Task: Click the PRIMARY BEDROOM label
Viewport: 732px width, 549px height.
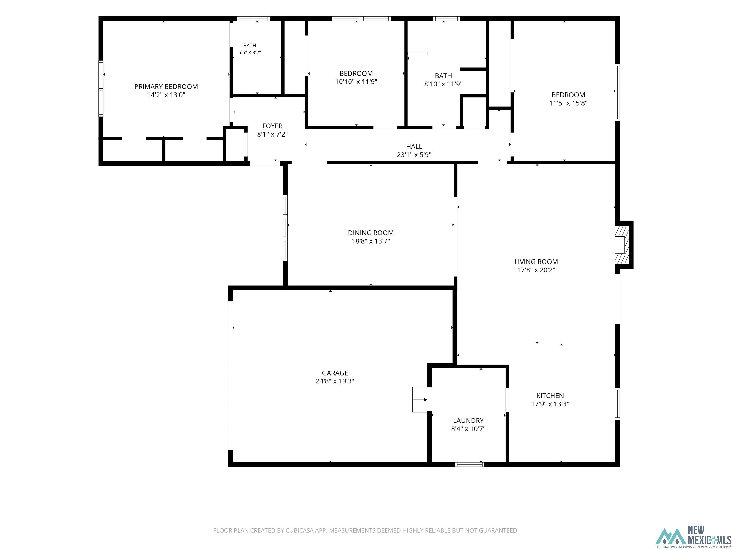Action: tap(166, 87)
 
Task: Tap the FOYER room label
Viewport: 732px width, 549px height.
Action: tap(272, 126)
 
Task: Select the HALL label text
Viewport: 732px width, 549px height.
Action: tap(414, 147)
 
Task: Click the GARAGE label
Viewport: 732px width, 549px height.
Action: tap(335, 373)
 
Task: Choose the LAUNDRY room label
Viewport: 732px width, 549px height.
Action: tap(468, 421)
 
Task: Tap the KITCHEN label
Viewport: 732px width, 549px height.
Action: tap(550, 396)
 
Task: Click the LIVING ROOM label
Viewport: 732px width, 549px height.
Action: tap(536, 262)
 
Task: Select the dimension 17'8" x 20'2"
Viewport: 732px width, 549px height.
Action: tap(536, 270)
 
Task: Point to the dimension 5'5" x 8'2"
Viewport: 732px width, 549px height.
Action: tap(249, 52)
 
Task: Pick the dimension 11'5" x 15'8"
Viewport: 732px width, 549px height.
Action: tap(568, 103)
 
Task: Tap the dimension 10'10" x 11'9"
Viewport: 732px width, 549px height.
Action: tap(356, 82)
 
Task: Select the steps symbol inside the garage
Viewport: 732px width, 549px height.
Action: tap(420, 400)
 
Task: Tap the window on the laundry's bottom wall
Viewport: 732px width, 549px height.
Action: tap(470, 464)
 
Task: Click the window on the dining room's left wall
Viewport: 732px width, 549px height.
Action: tap(285, 228)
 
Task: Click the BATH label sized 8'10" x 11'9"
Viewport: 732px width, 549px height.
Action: tap(443, 76)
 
